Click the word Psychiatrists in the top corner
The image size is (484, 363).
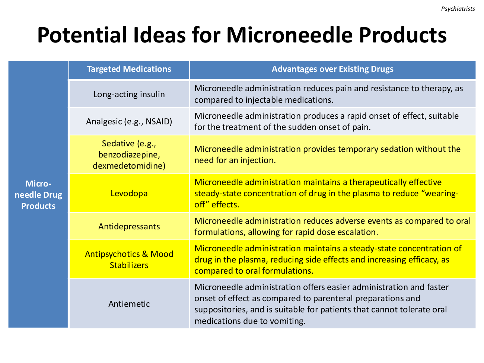tap(458, 9)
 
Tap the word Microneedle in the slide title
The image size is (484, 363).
tap(290, 35)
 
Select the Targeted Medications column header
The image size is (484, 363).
tap(129, 69)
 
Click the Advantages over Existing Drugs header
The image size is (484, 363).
tap(332, 69)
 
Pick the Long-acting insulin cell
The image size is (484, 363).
tap(129, 94)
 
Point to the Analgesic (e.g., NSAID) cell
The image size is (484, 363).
tap(129, 121)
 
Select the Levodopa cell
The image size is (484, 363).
tap(129, 193)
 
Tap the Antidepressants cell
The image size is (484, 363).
tap(129, 226)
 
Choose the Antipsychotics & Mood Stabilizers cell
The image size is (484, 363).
tap(129, 259)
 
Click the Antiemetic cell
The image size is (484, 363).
tap(129, 304)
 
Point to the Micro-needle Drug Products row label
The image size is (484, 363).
tap(38, 195)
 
